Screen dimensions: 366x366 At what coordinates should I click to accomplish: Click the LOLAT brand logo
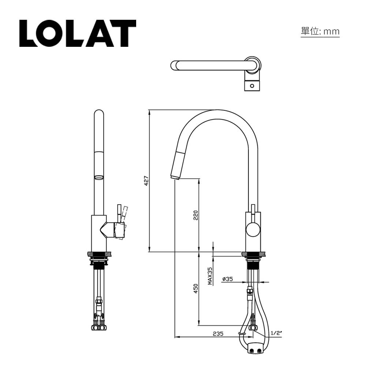coord(78,33)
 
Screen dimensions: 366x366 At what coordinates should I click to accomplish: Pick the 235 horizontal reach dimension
coord(218,333)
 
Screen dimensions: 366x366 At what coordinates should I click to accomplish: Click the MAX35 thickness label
coord(210,276)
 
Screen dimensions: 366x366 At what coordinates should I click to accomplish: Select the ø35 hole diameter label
coord(227,279)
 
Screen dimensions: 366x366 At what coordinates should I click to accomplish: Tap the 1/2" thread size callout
coord(276,333)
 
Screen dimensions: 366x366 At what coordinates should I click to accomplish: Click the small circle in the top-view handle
coord(252,86)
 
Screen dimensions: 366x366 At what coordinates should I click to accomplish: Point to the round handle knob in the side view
coord(252,230)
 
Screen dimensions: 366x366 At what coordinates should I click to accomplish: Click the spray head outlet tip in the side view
coord(175,177)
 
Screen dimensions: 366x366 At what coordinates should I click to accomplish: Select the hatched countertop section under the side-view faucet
coord(254,254)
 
